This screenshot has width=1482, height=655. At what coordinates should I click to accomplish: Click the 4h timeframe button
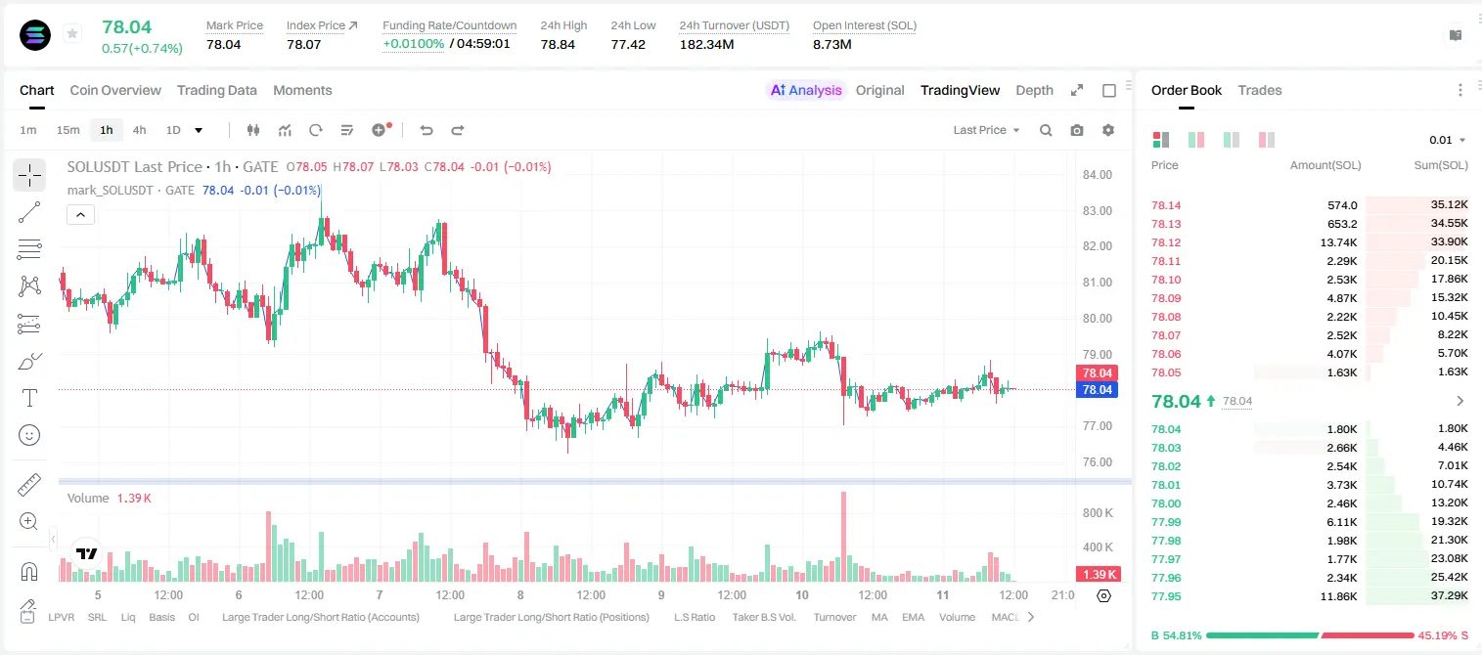(x=139, y=130)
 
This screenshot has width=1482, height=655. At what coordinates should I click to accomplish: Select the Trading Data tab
(x=216, y=90)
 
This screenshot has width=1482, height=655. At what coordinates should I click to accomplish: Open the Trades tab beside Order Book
(x=1259, y=90)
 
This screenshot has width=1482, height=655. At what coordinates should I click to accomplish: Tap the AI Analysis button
(x=806, y=90)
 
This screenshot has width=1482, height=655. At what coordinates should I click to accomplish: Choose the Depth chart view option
(x=1034, y=90)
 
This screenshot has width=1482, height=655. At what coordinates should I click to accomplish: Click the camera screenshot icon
(x=1076, y=130)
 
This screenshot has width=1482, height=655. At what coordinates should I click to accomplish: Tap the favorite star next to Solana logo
(x=72, y=33)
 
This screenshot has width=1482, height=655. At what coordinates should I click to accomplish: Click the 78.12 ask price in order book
(x=1166, y=242)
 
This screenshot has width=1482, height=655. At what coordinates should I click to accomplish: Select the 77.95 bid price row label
(x=1166, y=596)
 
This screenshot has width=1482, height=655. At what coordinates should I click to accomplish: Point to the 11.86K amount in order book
(x=1338, y=596)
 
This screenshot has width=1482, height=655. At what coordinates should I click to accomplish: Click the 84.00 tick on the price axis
(x=1097, y=174)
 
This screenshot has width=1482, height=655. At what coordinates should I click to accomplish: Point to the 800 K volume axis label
(x=1098, y=513)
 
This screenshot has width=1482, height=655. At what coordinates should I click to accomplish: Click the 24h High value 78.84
(x=558, y=44)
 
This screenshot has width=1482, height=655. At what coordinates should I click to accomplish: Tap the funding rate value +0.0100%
(x=414, y=44)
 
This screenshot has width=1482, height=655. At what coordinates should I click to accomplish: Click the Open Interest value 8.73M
(x=832, y=44)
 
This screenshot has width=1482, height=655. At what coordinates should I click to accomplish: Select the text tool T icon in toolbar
(x=29, y=398)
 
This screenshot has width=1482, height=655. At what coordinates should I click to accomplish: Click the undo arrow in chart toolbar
(x=427, y=130)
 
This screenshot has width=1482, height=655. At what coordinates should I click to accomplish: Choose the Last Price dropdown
(x=986, y=130)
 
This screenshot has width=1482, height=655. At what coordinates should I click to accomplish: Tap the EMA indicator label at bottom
(x=913, y=617)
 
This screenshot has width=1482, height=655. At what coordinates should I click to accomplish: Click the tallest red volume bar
(x=843, y=537)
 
